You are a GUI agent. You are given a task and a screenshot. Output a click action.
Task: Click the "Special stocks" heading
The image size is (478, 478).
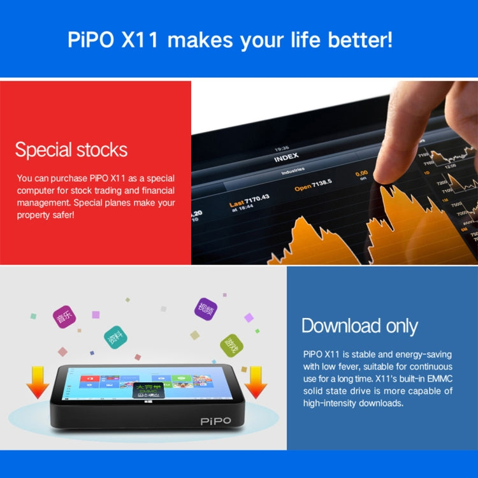click(71, 150)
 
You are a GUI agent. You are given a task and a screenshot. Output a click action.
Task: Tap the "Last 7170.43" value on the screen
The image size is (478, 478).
click(249, 201)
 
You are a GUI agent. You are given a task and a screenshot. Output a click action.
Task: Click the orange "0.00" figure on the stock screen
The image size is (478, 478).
click(361, 173)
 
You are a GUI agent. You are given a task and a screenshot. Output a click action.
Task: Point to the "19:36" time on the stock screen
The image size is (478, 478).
click(282, 148)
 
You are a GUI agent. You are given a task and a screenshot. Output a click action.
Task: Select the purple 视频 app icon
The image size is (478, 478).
click(205, 309)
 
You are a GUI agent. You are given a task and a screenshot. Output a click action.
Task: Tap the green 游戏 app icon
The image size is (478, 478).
click(231, 345)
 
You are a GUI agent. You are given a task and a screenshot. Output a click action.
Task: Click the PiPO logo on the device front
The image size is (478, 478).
click(215, 421)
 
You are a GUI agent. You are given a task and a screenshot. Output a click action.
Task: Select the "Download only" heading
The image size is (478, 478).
click(359, 326)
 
